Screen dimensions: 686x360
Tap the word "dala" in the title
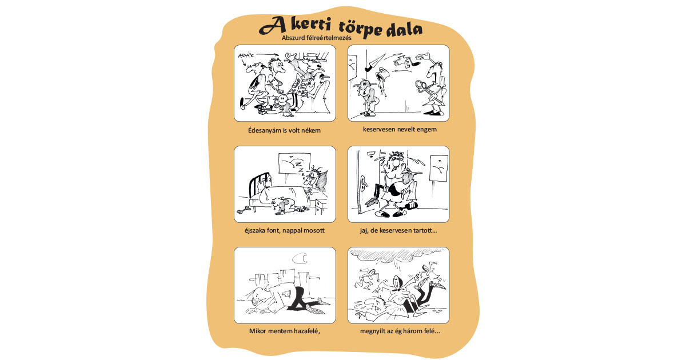point(404,29)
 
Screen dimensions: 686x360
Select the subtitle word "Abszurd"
point(293,38)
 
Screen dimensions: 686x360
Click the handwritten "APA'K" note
point(246,56)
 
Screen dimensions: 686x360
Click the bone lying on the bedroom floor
point(245,210)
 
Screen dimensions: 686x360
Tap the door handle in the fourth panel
point(363,183)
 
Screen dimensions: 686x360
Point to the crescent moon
point(300,259)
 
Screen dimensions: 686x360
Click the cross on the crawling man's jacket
point(287,294)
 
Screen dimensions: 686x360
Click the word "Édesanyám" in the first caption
point(264,130)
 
